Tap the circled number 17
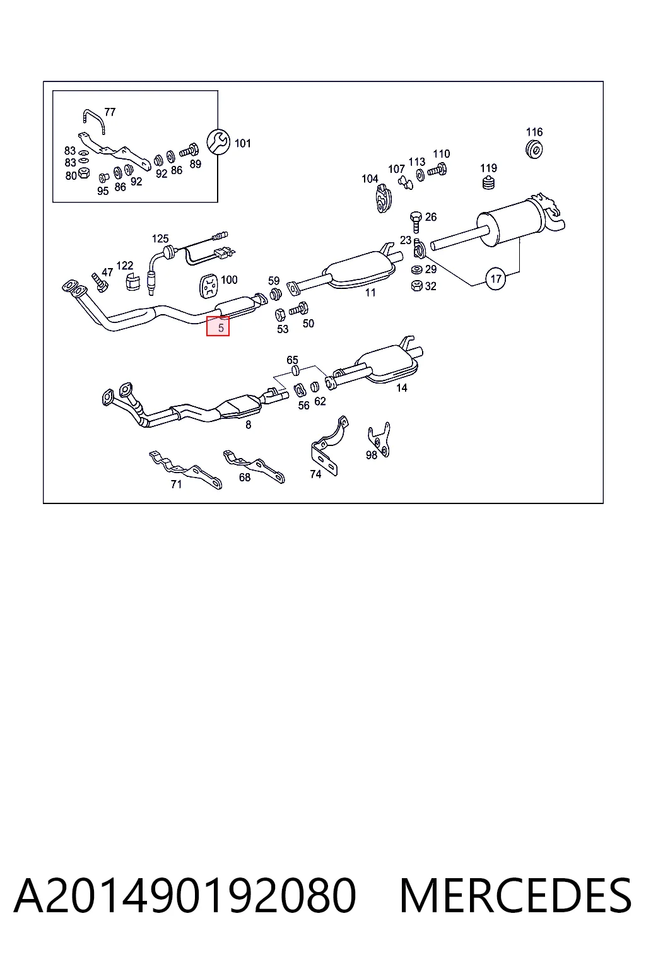(x=496, y=279)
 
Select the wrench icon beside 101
(x=218, y=141)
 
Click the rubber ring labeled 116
(x=534, y=150)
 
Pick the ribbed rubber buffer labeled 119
(x=488, y=182)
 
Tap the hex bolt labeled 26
(x=416, y=221)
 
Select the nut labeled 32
(x=416, y=286)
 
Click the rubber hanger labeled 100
(x=209, y=286)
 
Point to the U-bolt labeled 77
(x=94, y=121)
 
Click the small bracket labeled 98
(x=379, y=439)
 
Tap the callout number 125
(x=160, y=238)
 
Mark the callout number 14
(x=401, y=387)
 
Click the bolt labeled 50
(x=298, y=309)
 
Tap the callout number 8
(x=248, y=425)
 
